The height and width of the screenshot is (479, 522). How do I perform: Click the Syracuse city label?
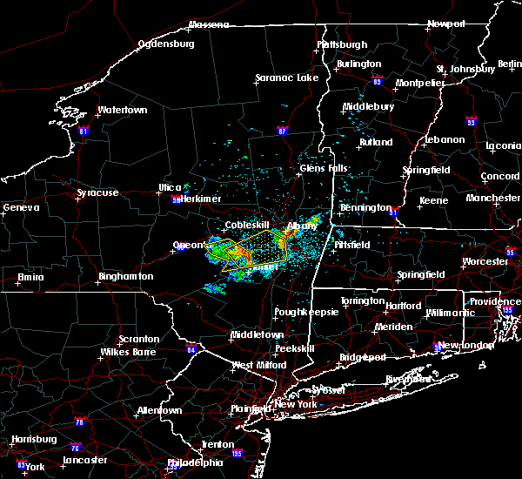click(97, 192)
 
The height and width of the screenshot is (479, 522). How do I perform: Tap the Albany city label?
click(302, 226)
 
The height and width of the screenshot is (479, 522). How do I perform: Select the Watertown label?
click(123, 111)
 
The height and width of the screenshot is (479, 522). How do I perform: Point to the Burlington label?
click(360, 64)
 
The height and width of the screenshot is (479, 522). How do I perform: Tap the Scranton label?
click(139, 339)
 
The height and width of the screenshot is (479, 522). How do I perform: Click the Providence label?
click(496, 301)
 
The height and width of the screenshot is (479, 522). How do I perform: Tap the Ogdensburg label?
click(167, 44)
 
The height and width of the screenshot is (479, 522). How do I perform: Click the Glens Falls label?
click(324, 168)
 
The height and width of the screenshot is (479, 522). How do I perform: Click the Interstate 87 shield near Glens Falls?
click(282, 131)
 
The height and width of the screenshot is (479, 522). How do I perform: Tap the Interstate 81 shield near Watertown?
click(84, 131)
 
